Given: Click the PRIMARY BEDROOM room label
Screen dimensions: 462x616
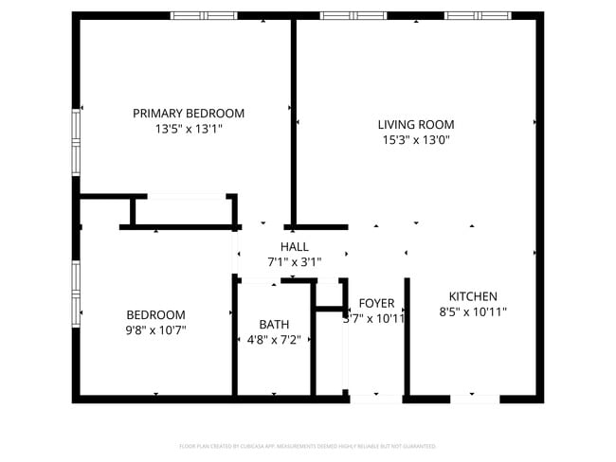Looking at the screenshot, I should click(x=188, y=114).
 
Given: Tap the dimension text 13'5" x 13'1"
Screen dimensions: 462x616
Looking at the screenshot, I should click(x=188, y=130).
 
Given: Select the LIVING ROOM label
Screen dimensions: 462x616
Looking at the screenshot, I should click(x=415, y=124).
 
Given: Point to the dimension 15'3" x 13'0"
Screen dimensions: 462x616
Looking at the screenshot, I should click(x=415, y=140).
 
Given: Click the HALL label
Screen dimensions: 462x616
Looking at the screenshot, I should click(x=294, y=246).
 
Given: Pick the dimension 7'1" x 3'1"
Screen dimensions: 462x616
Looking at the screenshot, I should click(x=294, y=262).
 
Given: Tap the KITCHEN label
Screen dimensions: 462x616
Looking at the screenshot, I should click(x=473, y=296).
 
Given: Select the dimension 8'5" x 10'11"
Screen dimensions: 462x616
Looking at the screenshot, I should click(x=473, y=311).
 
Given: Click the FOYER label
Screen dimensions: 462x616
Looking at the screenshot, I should click(x=376, y=303).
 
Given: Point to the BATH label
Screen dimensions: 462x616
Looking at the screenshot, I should click(x=274, y=324).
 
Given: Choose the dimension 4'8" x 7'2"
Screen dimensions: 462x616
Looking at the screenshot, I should click(x=274, y=340).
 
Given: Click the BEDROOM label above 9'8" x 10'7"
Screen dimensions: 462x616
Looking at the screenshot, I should click(x=156, y=314).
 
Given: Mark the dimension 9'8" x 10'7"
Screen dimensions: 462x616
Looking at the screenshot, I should click(x=156, y=330).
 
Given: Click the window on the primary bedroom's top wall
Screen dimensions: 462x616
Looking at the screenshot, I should click(x=204, y=15).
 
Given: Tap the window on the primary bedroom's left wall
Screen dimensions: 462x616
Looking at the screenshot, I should click(x=76, y=141).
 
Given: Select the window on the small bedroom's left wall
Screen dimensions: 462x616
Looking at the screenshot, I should click(x=76, y=293).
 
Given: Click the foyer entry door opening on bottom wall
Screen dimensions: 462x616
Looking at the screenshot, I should click(x=375, y=400).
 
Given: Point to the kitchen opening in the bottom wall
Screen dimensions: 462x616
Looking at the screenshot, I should click(x=474, y=400).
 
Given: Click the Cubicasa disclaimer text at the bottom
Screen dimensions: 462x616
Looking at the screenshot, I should click(x=307, y=446).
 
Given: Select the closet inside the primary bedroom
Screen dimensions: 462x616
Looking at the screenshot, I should click(x=185, y=211).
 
